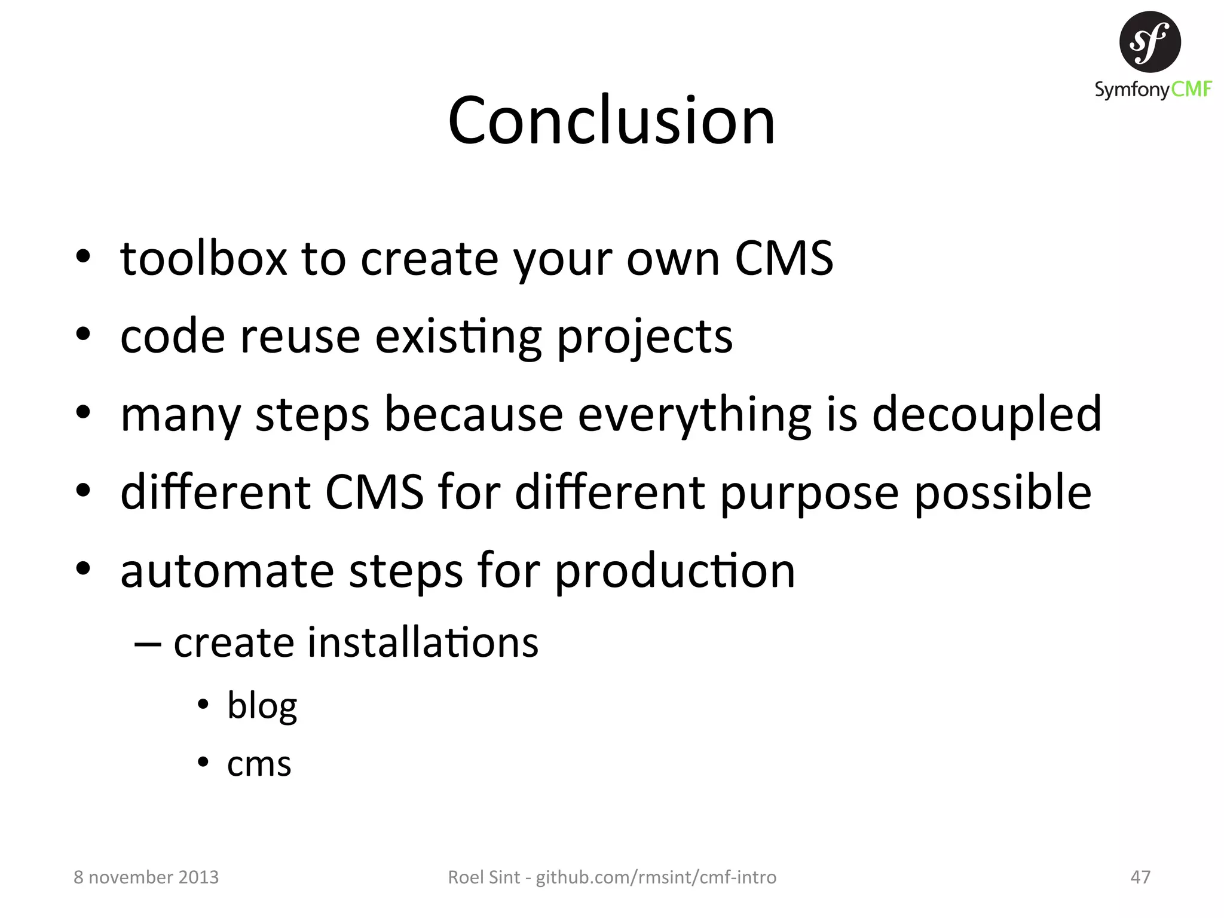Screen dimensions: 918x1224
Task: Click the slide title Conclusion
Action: coord(611,121)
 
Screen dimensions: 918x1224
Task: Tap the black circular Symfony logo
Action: coord(1150,42)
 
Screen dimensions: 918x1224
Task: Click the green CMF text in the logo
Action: coord(1191,90)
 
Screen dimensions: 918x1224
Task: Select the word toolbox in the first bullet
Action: coord(203,258)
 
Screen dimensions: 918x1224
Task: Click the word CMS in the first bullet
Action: coord(784,258)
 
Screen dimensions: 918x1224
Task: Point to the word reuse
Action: coord(300,336)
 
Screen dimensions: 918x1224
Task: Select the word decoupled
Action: coord(986,414)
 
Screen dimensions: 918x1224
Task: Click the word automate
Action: coord(227,571)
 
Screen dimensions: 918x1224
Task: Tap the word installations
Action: coord(423,642)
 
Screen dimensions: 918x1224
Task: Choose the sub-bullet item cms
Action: coord(259,764)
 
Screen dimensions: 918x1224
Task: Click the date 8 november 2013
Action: coord(146,877)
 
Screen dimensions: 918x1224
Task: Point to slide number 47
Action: coord(1140,877)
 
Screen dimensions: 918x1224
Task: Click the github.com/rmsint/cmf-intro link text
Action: coord(656,877)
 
